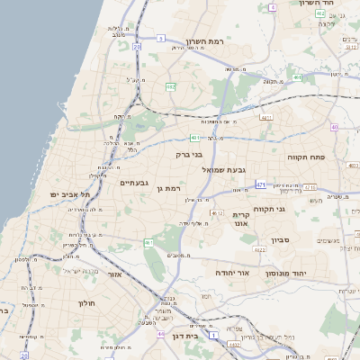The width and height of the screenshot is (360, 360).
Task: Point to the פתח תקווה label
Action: point(306,157)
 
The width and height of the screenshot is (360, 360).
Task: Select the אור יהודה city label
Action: point(231,271)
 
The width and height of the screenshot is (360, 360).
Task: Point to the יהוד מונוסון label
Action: point(287,271)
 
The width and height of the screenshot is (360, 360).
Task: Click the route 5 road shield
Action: point(160,38)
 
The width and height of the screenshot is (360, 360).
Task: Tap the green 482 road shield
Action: point(170,86)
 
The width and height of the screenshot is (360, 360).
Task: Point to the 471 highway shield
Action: point(260,184)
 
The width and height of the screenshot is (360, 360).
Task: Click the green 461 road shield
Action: point(148,243)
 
